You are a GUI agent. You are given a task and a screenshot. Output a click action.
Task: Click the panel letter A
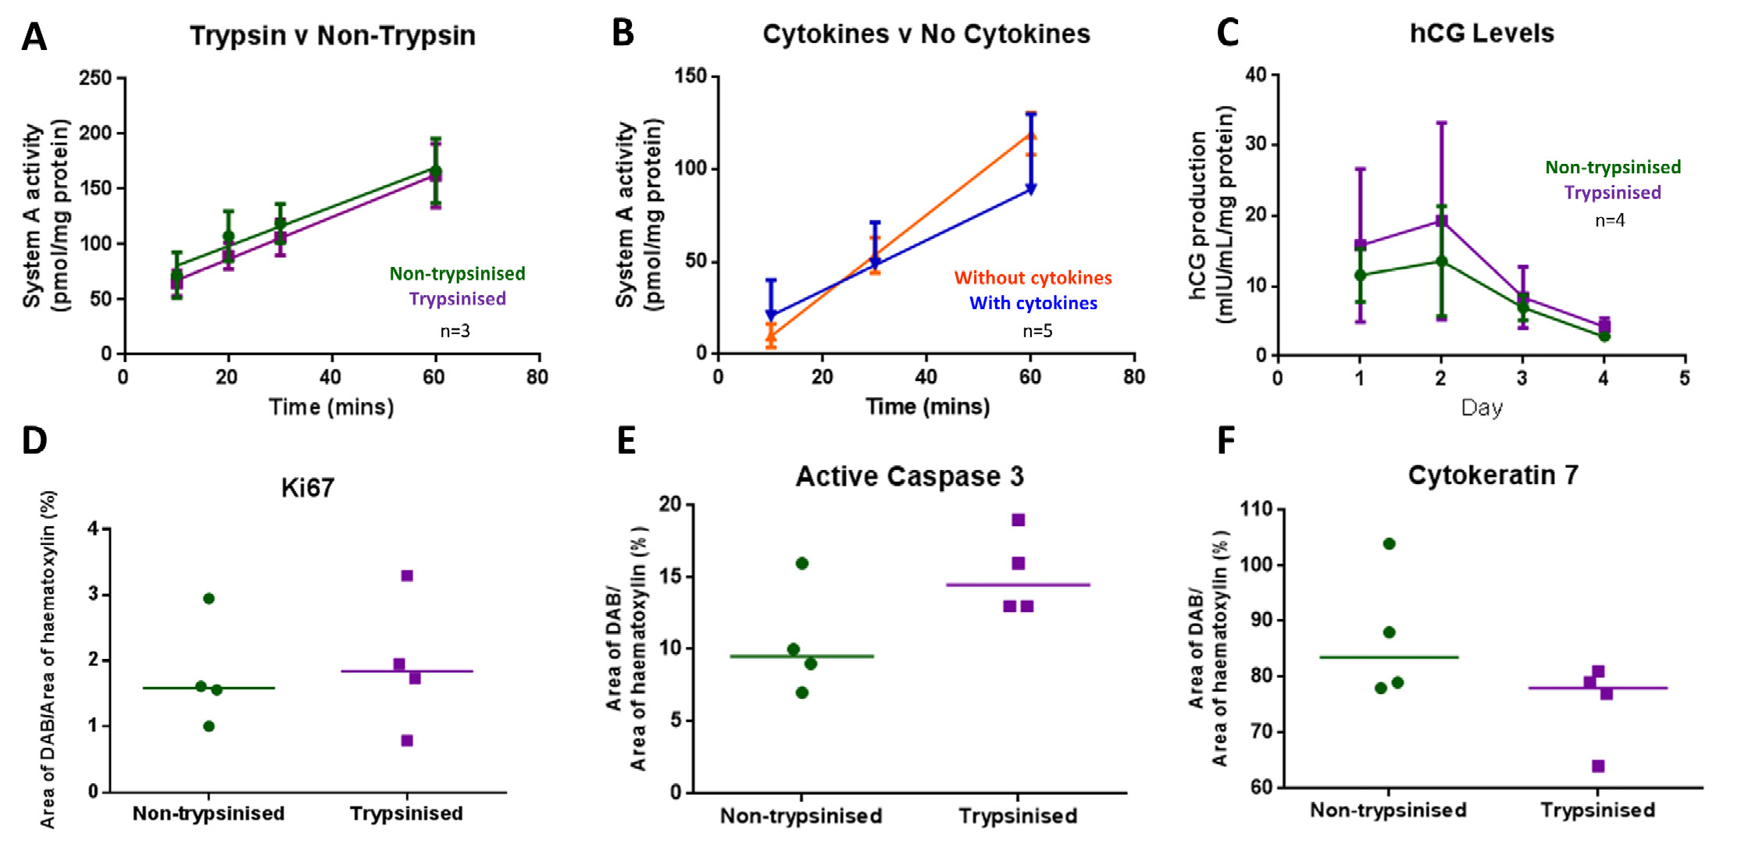[34, 37]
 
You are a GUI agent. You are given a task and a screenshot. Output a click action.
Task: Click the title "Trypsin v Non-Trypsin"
[332, 36]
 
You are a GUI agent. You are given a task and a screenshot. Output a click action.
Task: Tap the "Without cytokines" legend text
[1033, 278]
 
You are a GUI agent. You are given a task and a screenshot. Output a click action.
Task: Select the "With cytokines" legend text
[1033, 303]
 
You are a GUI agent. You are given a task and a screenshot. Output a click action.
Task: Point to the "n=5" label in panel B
[1037, 331]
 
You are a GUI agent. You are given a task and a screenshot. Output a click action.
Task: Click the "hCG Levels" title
[1481, 34]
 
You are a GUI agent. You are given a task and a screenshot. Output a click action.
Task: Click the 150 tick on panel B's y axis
[690, 76]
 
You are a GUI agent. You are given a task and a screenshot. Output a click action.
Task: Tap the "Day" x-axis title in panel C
[1481, 408]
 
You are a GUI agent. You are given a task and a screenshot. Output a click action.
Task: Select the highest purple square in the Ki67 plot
[407, 576]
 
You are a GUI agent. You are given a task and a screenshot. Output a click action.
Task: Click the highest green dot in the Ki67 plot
[209, 599]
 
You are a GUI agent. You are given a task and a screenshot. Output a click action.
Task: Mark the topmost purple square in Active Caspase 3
[1019, 520]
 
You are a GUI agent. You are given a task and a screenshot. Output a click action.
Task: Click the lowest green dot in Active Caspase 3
[802, 693]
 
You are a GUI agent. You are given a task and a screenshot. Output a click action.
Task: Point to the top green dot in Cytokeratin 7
[1389, 544]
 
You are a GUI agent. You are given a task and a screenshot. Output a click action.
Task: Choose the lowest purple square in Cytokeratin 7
[1598, 766]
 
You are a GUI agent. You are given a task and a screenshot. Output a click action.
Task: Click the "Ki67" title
[307, 488]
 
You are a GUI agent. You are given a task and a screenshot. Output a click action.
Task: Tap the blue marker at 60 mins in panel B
[1031, 189]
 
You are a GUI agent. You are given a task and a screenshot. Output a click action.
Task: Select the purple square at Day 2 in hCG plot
[1441, 222]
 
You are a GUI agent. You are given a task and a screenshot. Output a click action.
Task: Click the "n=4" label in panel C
[1609, 221]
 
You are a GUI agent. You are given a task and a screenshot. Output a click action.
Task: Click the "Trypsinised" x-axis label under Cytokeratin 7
[1597, 810]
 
